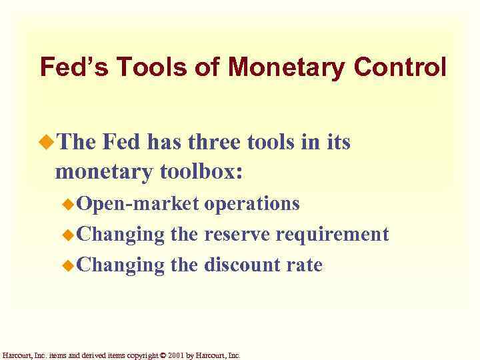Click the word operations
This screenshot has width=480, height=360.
(x=252, y=203)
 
